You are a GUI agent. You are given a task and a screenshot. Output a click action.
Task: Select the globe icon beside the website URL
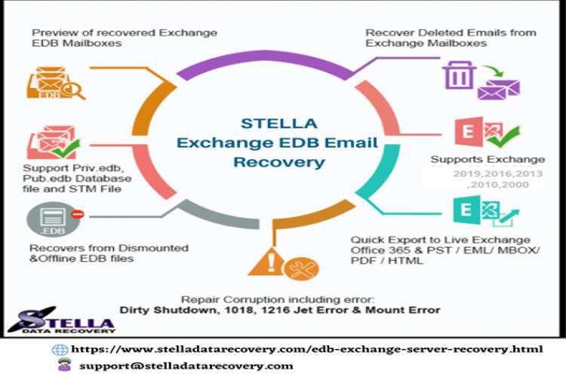[x=60, y=350]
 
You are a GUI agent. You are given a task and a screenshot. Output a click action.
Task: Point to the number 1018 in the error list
[x=270, y=309]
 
